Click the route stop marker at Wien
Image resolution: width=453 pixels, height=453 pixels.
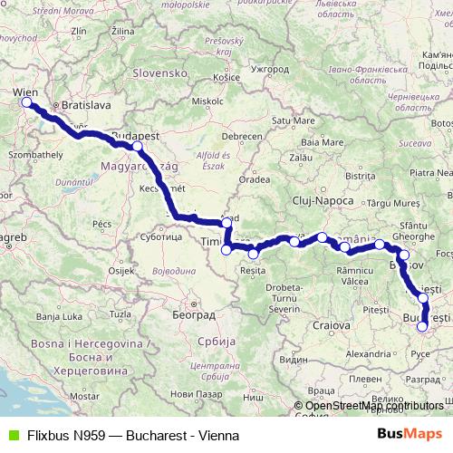(x=26, y=101)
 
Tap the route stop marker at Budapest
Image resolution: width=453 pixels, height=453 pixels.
(x=137, y=146)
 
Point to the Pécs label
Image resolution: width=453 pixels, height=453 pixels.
(x=101, y=223)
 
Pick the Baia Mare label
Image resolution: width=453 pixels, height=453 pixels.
(x=322, y=141)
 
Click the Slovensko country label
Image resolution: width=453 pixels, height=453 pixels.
(x=159, y=71)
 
